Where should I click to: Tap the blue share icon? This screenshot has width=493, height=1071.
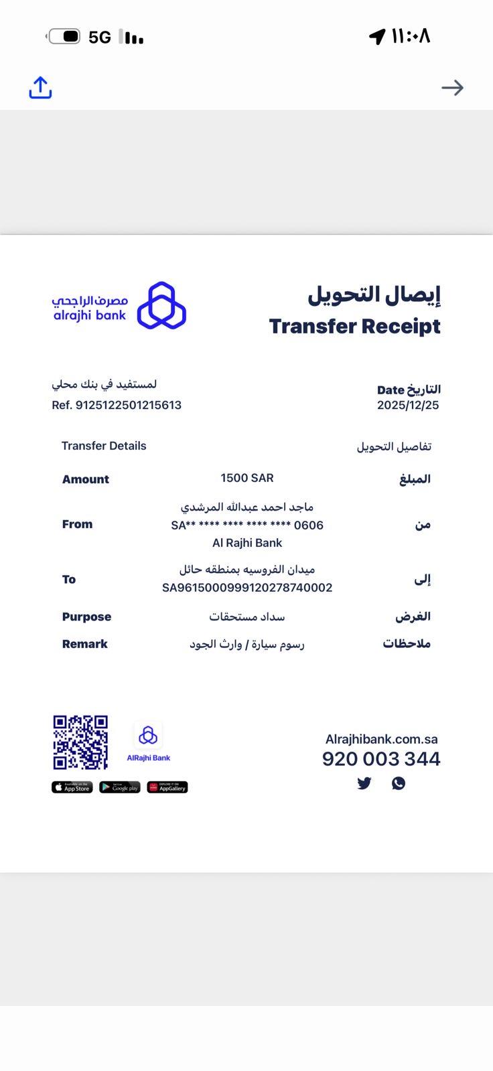point(40,88)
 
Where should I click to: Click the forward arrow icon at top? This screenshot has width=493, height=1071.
point(452,88)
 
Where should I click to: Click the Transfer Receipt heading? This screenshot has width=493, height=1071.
point(354,326)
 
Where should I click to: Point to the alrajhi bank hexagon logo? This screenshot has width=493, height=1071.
point(161,306)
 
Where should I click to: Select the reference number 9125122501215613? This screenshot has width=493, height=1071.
point(128,405)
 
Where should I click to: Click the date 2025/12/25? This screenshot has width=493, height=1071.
point(407,405)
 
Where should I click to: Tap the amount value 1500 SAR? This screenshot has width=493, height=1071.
point(246,478)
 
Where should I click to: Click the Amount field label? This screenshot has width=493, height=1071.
point(85,479)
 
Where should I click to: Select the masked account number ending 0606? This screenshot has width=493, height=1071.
point(246,525)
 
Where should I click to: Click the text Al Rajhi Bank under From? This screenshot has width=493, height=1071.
point(246,543)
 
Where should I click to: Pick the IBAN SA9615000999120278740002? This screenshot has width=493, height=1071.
point(246,588)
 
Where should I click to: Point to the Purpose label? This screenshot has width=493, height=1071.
point(86,617)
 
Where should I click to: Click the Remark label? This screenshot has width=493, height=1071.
point(84,644)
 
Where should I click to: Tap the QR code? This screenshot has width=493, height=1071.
point(80,742)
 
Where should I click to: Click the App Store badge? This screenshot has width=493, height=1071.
point(72,787)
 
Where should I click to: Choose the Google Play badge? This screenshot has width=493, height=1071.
point(120,787)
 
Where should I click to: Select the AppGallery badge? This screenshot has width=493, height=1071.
point(167,787)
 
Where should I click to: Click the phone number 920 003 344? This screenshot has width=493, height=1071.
point(380,759)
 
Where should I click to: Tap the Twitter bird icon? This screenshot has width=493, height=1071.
point(364,783)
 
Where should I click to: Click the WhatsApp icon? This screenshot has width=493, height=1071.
point(399,783)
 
